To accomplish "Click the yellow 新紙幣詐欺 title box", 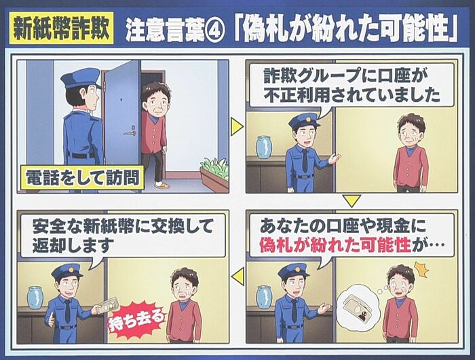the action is [x=62, y=28].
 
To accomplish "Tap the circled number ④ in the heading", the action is [x=214, y=31].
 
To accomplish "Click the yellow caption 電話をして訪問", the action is [x=83, y=177].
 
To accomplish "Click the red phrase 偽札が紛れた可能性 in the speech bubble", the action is [x=335, y=245].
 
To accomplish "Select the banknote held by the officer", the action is [x=109, y=305].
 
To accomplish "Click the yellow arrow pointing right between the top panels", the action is [x=237, y=126].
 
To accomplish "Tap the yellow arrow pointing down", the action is [x=351, y=201].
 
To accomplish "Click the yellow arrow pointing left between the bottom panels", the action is [x=237, y=276].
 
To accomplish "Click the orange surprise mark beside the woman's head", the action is [x=422, y=269].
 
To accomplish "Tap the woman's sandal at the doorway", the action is [x=162, y=185].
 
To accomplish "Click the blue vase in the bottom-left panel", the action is [x=37, y=298].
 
